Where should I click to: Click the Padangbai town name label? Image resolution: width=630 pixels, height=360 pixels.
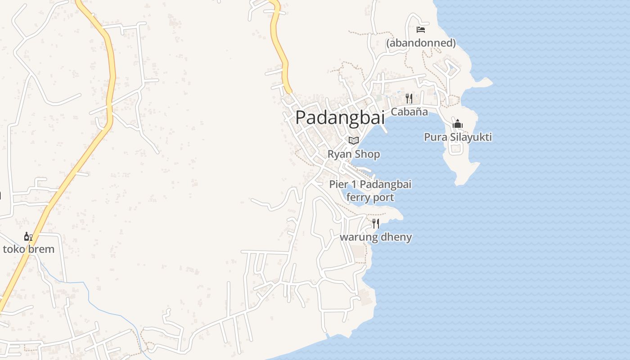click(340, 118)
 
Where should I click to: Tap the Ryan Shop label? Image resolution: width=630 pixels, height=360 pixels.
click(354, 154)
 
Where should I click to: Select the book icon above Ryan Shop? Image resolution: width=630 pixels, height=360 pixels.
click(354, 141)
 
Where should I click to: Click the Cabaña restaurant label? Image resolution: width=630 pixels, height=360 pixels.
click(409, 112)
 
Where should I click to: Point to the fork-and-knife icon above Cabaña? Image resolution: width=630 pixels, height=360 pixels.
click(409, 99)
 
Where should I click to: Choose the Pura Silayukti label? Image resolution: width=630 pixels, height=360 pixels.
click(458, 137)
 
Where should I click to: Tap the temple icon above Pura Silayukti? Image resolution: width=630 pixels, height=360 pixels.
click(458, 124)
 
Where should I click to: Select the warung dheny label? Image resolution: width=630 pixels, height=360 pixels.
click(376, 237)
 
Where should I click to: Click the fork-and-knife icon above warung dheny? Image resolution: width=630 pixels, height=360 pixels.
click(376, 224)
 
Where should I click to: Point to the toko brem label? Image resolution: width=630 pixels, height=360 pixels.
click(28, 249)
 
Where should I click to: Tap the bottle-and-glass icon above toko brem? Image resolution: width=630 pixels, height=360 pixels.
click(28, 236)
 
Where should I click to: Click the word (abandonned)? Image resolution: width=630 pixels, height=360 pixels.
click(421, 43)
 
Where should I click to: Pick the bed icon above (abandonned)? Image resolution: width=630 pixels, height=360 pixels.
click(421, 30)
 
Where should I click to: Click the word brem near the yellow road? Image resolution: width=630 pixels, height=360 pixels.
click(41, 249)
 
